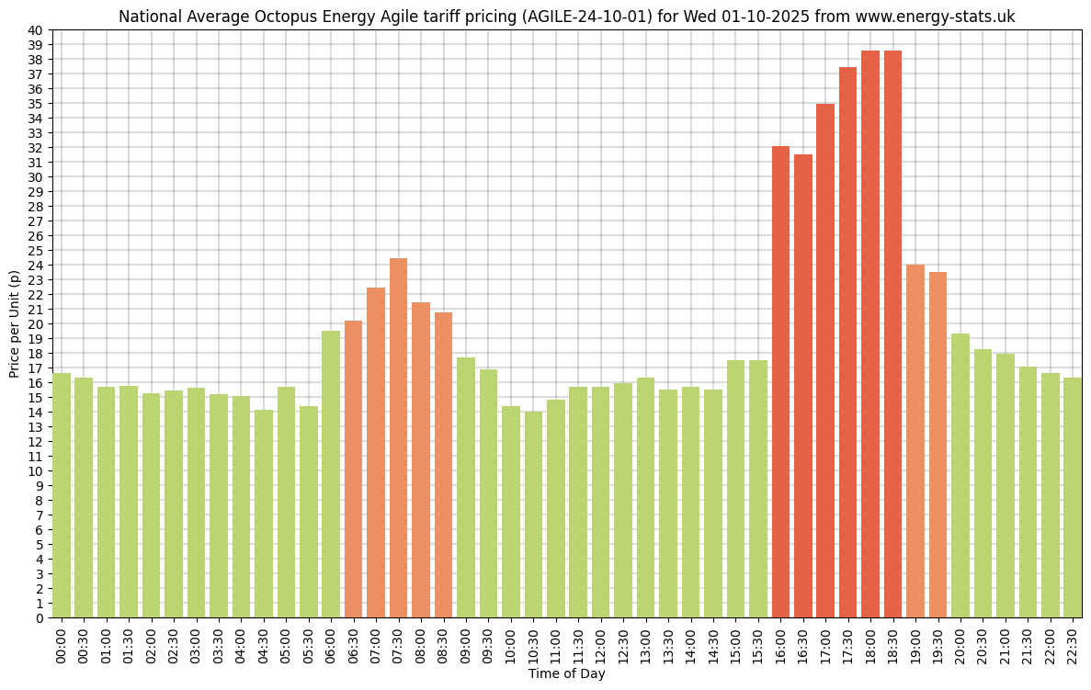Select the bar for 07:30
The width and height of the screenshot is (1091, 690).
click(398, 437)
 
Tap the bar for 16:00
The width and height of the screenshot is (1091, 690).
click(780, 381)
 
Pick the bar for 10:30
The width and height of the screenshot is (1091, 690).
click(533, 515)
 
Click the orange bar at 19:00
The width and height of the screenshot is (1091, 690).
click(915, 441)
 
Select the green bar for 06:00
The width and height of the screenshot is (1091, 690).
click(331, 474)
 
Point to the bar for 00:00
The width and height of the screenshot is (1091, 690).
click(62, 495)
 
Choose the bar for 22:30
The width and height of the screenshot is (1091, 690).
click(1073, 497)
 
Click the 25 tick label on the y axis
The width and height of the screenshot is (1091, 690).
click(35, 251)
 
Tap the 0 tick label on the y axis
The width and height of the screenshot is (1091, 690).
click(39, 618)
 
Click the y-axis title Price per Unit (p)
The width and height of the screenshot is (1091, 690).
click(14, 323)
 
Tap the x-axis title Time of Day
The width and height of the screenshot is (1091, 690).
click(566, 673)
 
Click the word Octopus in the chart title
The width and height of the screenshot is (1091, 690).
click(290, 17)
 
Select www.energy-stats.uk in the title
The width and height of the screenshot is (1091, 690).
click(935, 17)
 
